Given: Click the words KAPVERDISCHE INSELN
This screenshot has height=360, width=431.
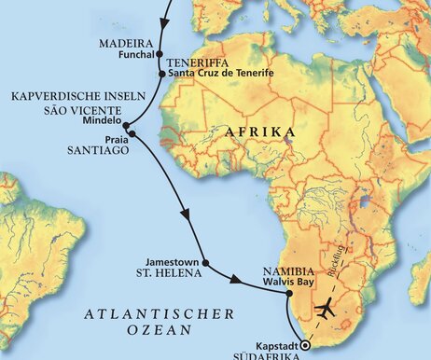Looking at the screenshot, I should point(65,96).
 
